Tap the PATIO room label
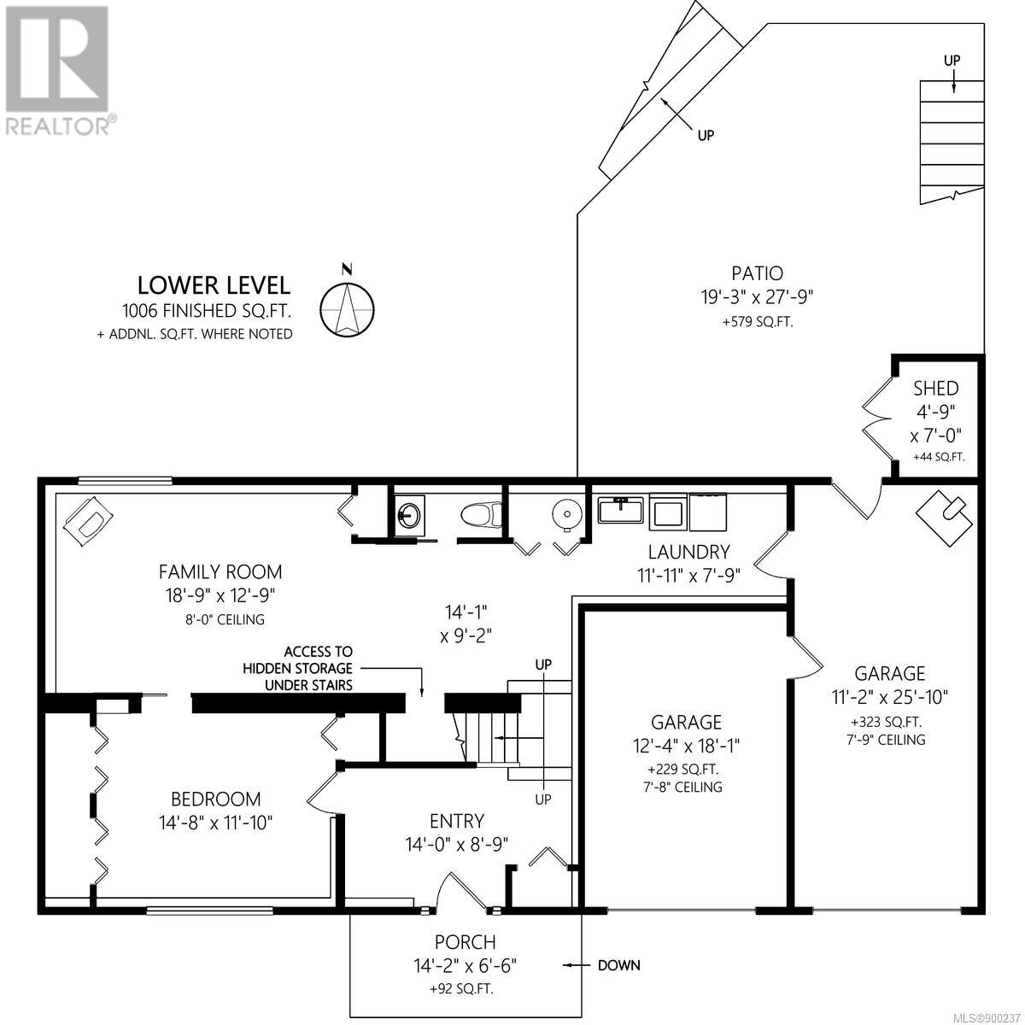tap(757, 273)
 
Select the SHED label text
tap(935, 389)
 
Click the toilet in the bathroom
tap(481, 515)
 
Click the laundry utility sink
tap(619, 510)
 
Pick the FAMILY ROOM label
tap(220, 572)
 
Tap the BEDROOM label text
tap(215, 799)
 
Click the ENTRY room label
tap(457, 821)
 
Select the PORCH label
tap(465, 942)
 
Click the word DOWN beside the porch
tap(619, 965)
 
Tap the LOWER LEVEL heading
tap(214, 285)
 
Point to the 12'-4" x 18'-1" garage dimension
tap(686, 746)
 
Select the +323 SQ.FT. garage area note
tap(886, 723)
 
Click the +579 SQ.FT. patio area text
tap(758, 322)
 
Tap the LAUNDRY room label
tap(688, 552)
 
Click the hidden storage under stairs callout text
tap(298, 668)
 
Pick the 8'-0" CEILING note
tap(225, 619)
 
